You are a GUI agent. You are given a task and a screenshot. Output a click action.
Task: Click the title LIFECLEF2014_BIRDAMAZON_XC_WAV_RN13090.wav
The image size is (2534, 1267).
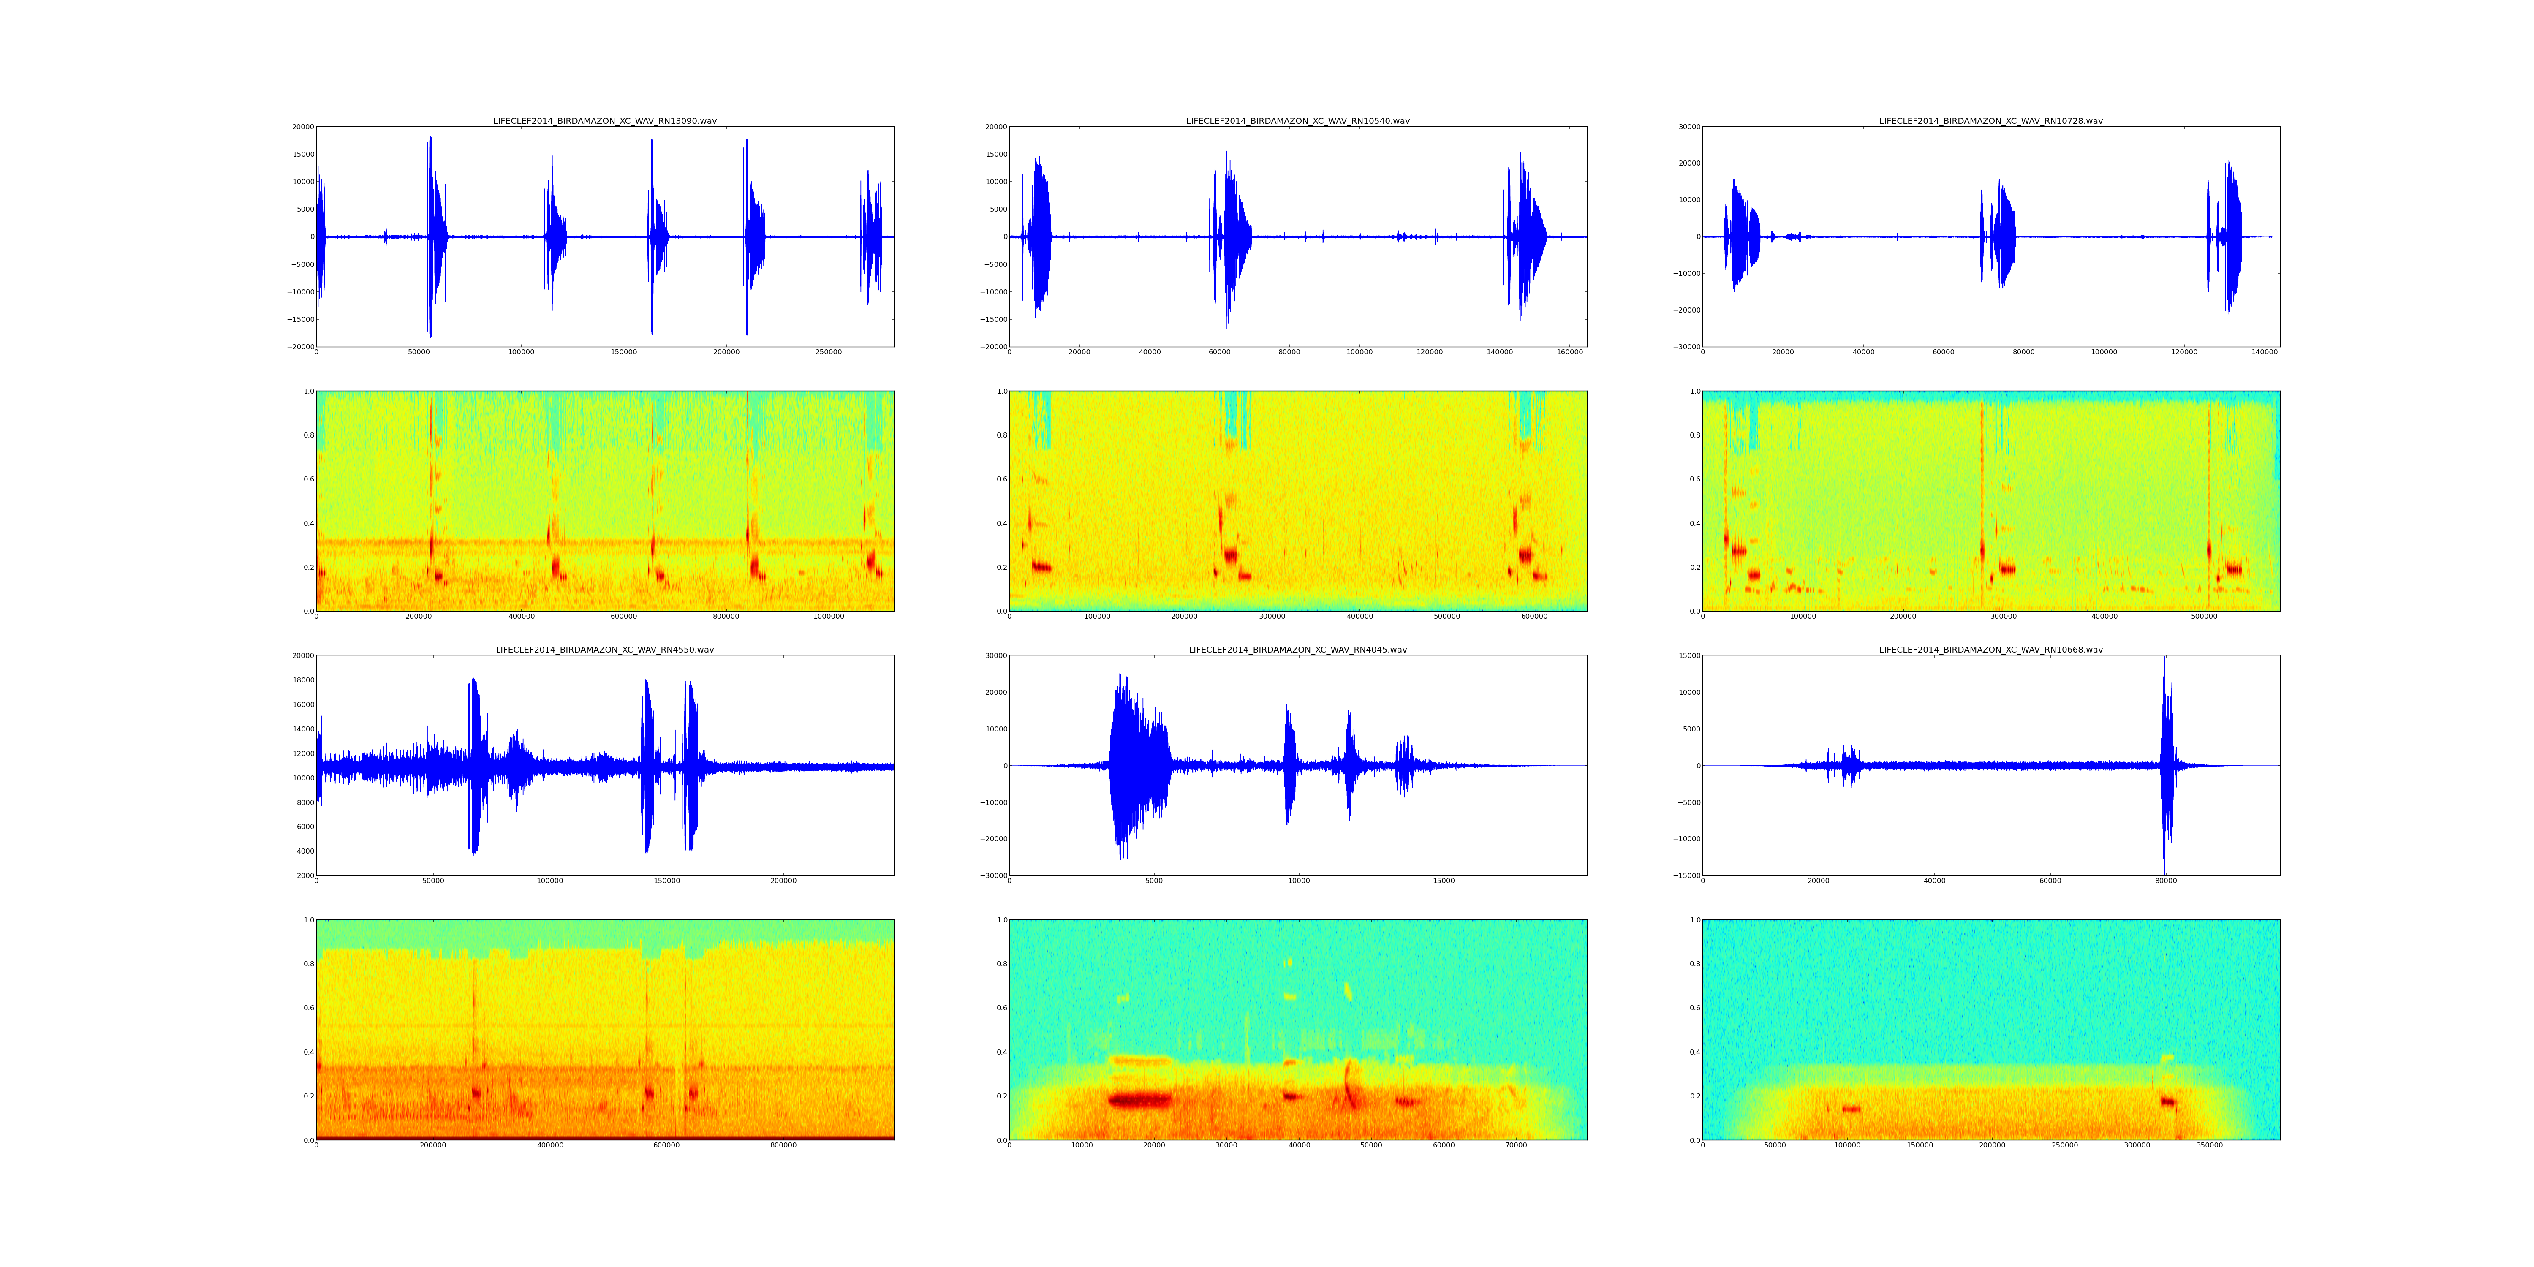tap(605, 121)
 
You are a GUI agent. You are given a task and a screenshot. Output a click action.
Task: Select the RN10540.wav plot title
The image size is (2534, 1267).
tap(1297, 121)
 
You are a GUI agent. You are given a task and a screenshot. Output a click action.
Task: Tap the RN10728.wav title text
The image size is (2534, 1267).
tap(1991, 121)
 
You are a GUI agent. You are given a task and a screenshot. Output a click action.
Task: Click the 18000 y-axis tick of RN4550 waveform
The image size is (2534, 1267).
tap(301, 680)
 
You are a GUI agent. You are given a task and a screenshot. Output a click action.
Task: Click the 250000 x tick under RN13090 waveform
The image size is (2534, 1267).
tap(828, 352)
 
